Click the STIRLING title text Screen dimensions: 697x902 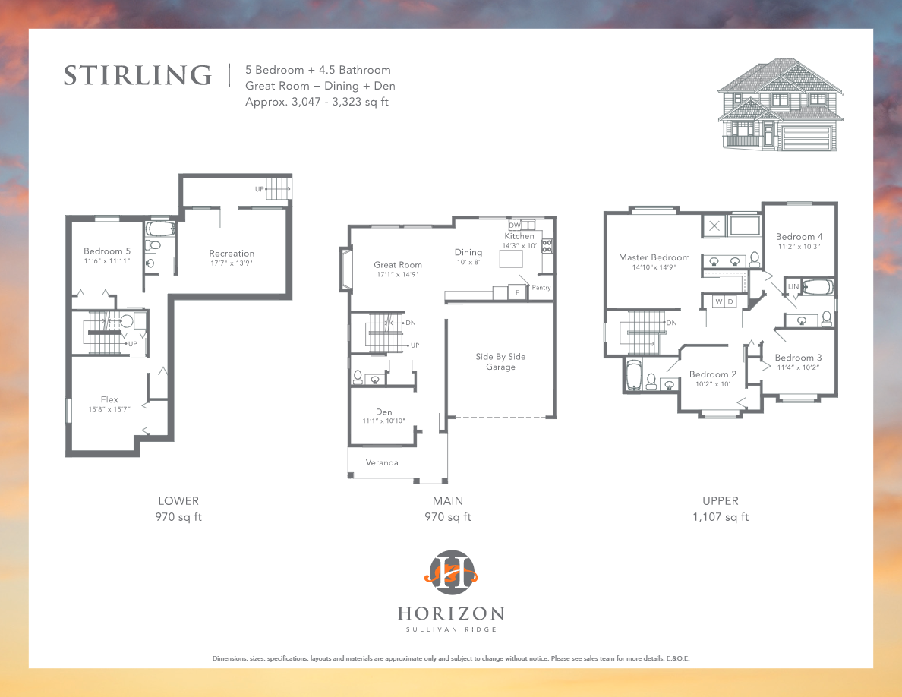(x=137, y=76)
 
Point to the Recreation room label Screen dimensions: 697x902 (x=232, y=254)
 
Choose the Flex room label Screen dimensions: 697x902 (x=109, y=399)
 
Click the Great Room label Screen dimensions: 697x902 (x=397, y=265)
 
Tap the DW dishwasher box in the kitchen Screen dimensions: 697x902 (x=515, y=225)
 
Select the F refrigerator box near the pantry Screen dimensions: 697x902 (x=518, y=292)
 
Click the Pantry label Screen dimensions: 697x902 (x=541, y=288)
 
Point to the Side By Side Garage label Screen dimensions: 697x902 (x=500, y=361)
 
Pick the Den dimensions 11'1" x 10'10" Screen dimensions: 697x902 (x=383, y=421)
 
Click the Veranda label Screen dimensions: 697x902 (x=382, y=462)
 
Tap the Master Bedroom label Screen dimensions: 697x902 (x=654, y=257)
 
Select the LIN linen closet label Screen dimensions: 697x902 (x=793, y=287)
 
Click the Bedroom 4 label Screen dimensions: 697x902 (x=799, y=236)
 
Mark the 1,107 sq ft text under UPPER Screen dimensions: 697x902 (x=720, y=517)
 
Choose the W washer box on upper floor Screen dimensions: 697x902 (x=717, y=301)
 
